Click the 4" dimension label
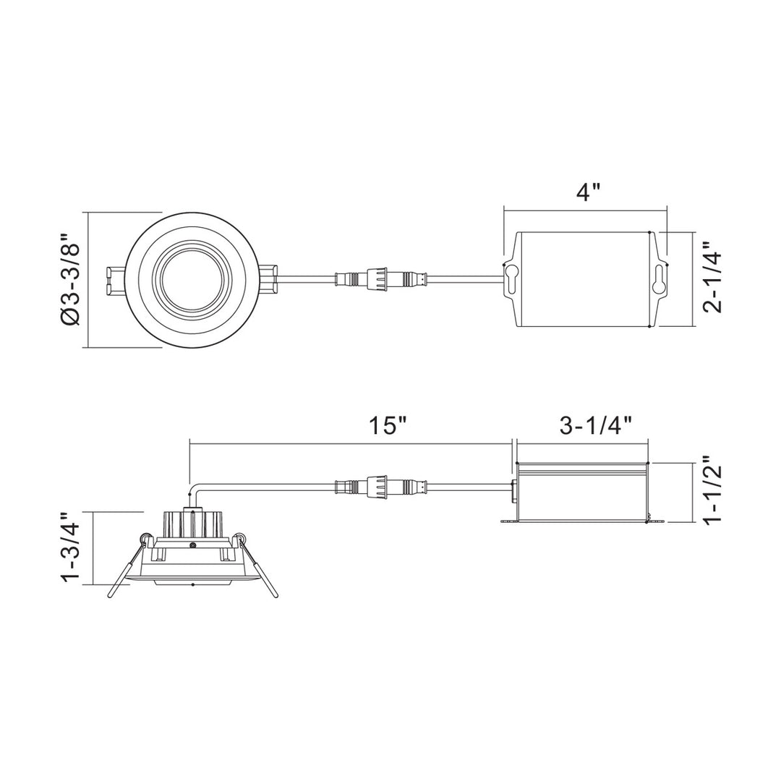[x=589, y=193]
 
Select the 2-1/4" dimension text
[x=712, y=277]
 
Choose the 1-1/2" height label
[x=712, y=492]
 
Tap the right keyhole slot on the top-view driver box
[x=658, y=278]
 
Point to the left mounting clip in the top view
[x=115, y=281]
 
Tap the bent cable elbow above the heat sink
[x=192, y=492]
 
